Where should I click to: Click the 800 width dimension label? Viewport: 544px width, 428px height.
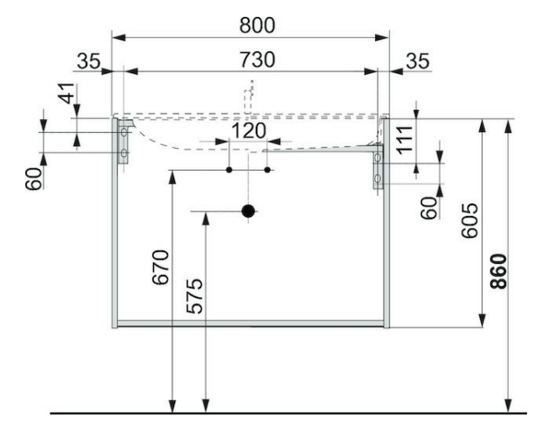(257, 25)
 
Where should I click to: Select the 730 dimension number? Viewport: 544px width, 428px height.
(257, 60)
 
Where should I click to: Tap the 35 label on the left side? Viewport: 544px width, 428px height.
(88, 61)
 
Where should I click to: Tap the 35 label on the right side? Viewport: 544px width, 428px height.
(418, 61)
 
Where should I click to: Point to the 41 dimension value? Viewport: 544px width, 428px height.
(66, 93)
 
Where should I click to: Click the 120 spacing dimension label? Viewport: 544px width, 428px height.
(248, 131)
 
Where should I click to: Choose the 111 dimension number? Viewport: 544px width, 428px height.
(404, 140)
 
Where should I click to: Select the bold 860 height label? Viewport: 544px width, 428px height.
(499, 272)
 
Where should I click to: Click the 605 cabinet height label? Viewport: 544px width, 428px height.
(470, 220)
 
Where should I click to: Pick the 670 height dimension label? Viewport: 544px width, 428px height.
(161, 267)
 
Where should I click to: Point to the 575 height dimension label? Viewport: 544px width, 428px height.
(194, 296)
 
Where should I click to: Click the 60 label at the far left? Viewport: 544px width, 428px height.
(34, 178)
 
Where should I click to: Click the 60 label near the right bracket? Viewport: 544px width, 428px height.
(429, 208)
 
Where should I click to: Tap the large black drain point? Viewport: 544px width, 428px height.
(248, 211)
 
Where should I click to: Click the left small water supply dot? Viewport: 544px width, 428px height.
(229, 170)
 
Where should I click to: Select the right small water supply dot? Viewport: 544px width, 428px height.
(267, 170)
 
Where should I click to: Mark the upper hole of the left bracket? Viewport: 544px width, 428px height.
(124, 132)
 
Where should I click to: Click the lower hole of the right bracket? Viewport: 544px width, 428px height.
(378, 178)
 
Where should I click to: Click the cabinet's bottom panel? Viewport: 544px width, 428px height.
(251, 324)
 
